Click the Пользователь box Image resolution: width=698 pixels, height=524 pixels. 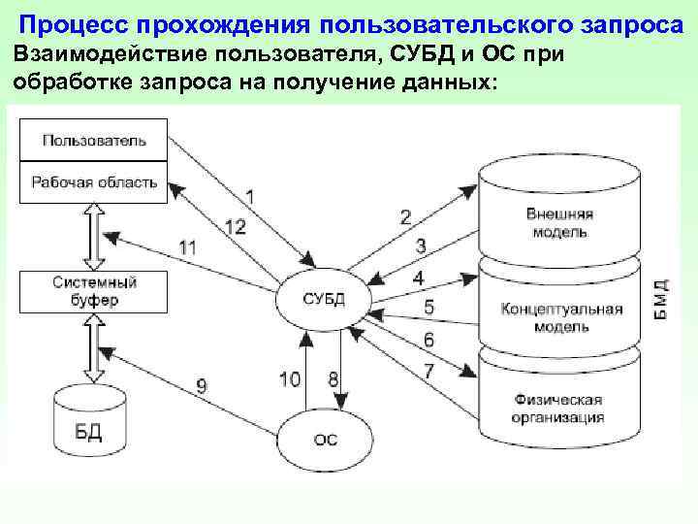pyautogui.click(x=94, y=140)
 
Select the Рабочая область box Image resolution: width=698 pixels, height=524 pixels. pyautogui.click(x=94, y=181)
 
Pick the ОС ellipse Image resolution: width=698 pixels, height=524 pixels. pyautogui.click(x=326, y=439)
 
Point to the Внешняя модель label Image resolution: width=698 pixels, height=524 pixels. pyautogui.click(x=559, y=223)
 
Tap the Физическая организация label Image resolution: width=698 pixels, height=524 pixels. pyautogui.click(x=559, y=409)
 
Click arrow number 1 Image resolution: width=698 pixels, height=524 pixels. pyautogui.click(x=249, y=196)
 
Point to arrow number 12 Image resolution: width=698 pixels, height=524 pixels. pyautogui.click(x=235, y=226)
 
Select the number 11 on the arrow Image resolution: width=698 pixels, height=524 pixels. pyautogui.click(x=187, y=247)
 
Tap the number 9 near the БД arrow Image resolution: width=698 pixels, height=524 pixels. pyautogui.click(x=202, y=385)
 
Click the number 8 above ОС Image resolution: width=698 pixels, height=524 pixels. pyautogui.click(x=333, y=378)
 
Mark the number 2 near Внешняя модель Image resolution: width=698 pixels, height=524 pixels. pyautogui.click(x=405, y=215)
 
